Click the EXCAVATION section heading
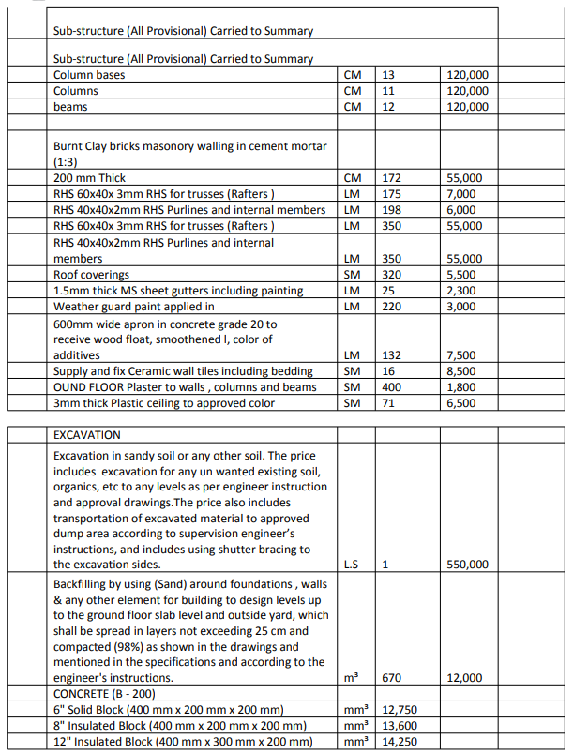87,435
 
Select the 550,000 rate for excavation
467,565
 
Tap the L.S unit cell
351,565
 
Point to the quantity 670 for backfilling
392,677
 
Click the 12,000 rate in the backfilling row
465,677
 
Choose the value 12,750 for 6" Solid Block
400,710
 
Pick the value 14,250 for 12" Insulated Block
400,742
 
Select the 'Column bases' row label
89,75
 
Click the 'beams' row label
70,107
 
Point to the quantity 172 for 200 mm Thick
392,177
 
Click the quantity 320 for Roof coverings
392,275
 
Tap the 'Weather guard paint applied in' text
134,307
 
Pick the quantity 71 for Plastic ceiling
388,403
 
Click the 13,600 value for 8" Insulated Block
400,726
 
